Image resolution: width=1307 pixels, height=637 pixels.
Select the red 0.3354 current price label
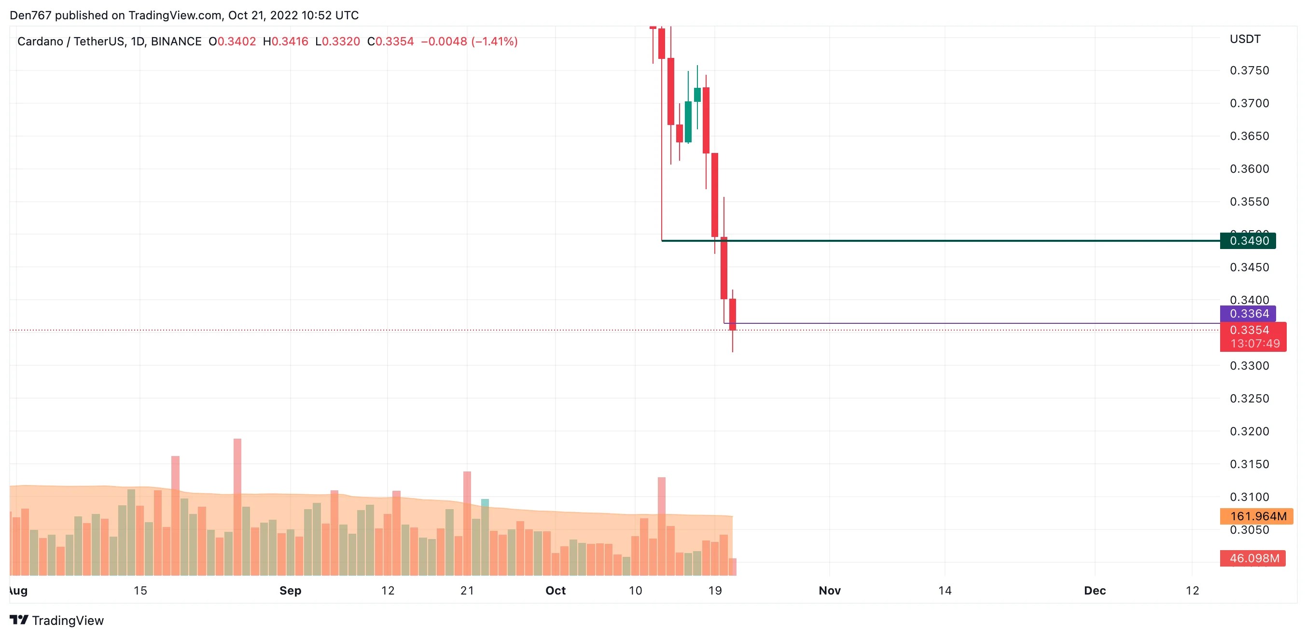[1249, 330]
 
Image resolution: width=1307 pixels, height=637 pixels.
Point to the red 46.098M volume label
[1254, 558]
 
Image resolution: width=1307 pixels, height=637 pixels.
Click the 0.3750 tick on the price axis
[1249, 70]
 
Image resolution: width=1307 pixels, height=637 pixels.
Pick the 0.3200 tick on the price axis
[1249, 431]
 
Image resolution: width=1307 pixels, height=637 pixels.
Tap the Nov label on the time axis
[830, 591]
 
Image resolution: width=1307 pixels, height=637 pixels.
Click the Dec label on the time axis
[1095, 591]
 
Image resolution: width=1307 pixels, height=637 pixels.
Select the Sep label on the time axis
[290, 591]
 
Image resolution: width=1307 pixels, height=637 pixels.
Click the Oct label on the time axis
[556, 591]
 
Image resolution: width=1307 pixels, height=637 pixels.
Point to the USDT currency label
[1245, 39]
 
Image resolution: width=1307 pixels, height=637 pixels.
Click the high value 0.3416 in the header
[290, 42]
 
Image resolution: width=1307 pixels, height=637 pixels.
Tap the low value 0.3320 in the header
[341, 42]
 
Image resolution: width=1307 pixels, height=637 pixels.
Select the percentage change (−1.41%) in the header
[494, 42]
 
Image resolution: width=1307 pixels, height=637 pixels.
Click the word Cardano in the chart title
[40, 42]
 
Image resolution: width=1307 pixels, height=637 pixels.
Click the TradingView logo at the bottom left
[57, 620]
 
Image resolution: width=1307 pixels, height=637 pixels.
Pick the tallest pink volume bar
[237, 467]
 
